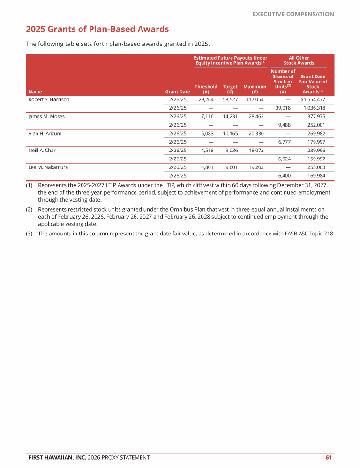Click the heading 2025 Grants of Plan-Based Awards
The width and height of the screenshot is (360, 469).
click(x=97, y=30)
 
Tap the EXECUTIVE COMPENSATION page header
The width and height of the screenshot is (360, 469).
click(x=293, y=15)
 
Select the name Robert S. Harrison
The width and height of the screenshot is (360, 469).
click(x=49, y=100)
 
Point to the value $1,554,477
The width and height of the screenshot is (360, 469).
click(x=313, y=100)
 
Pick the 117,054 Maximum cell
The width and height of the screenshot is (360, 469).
click(x=254, y=100)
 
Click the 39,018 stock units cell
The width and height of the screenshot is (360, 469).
click(x=283, y=108)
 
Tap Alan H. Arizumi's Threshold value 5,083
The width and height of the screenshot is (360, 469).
click(x=207, y=134)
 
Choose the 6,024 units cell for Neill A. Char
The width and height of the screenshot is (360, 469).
click(x=283, y=159)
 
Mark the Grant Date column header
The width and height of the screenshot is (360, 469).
click(x=178, y=92)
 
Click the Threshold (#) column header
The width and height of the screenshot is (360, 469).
click(x=206, y=89)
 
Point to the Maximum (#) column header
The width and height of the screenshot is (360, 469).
click(x=255, y=89)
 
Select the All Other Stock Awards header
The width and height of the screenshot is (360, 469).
click(x=299, y=61)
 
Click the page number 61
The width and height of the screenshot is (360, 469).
click(x=329, y=457)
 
